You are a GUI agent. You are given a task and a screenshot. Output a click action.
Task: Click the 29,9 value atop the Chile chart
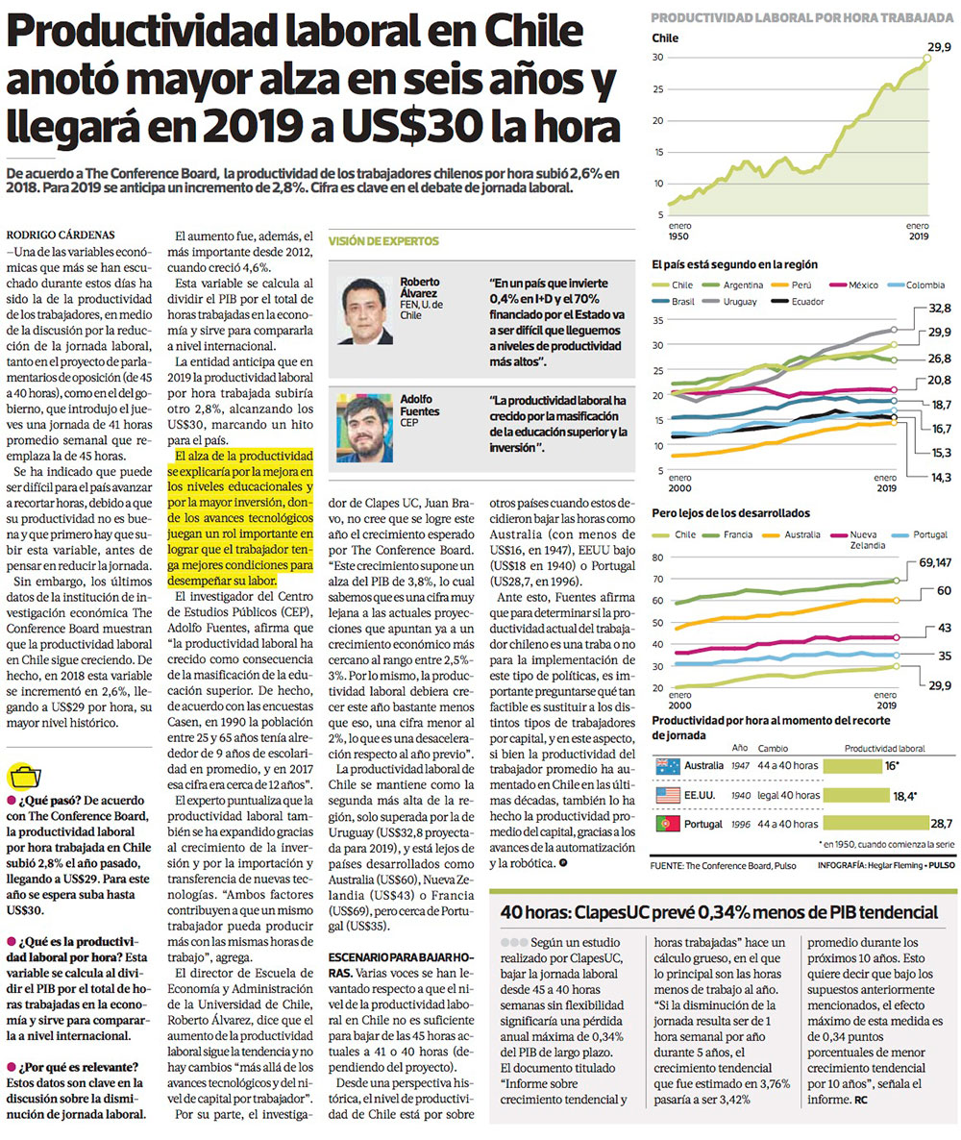pyautogui.click(x=938, y=47)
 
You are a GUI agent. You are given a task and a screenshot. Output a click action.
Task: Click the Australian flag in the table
pyautogui.click(x=667, y=766)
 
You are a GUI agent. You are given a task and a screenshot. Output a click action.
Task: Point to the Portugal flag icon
pyautogui.click(x=667, y=824)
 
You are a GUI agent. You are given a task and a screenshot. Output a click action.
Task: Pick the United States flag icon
pyautogui.click(x=667, y=795)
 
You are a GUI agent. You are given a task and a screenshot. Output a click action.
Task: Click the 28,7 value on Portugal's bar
pyautogui.click(x=941, y=824)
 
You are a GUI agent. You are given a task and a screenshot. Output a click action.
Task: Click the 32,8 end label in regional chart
pyautogui.click(x=940, y=309)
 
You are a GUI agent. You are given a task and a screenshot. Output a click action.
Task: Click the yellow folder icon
pyautogui.click(x=25, y=777)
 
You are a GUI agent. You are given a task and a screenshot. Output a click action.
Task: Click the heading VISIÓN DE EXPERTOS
pyautogui.click(x=384, y=241)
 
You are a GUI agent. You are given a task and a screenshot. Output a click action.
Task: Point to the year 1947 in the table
pyautogui.click(x=740, y=765)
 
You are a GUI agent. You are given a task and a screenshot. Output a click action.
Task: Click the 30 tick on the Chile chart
pyautogui.click(x=658, y=58)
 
